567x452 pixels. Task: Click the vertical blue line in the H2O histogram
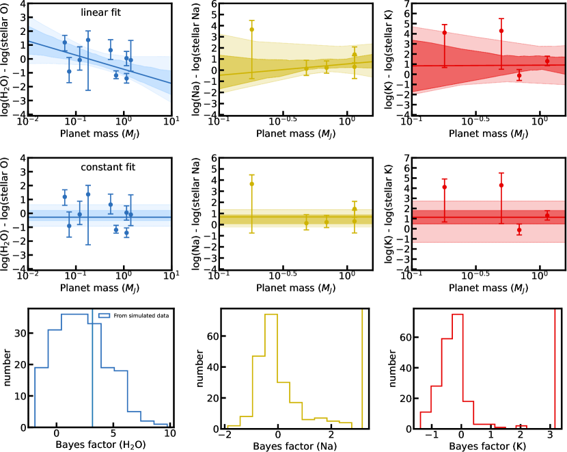point(92,369)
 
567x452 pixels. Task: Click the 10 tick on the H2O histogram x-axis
point(170,434)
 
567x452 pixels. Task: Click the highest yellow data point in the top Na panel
point(252,29)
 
